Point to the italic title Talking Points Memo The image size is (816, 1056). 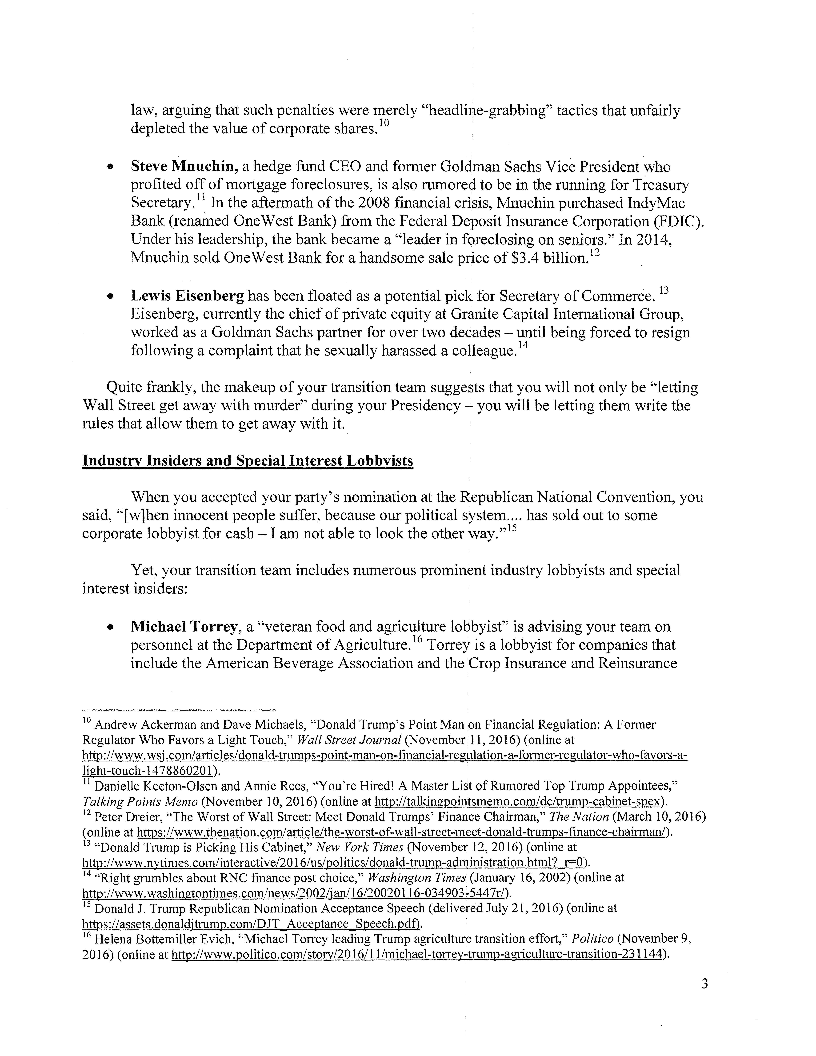click(140, 802)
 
